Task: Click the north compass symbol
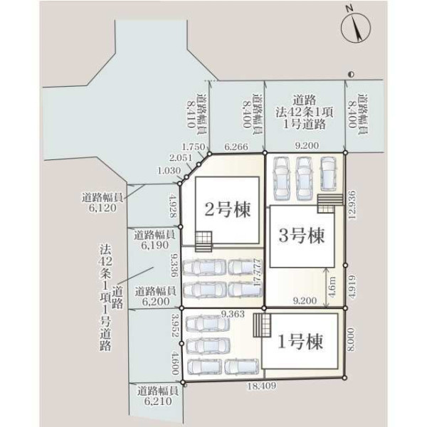[x=356, y=26]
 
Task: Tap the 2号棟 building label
[x=227, y=210]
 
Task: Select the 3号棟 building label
[x=302, y=236]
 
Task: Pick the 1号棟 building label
[x=300, y=342]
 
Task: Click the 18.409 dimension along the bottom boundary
[x=261, y=386]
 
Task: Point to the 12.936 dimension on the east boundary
[x=352, y=205]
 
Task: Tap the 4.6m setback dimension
[x=332, y=288]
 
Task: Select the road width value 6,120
[x=102, y=208]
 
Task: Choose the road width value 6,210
[x=158, y=401]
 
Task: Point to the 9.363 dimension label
[x=233, y=314]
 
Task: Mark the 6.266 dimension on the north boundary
[x=236, y=147]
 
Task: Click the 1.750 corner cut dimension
[x=194, y=147]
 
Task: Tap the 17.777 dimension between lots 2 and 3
[x=257, y=273]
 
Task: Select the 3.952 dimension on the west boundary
[x=176, y=325]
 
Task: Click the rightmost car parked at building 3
[x=328, y=174]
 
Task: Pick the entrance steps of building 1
[x=262, y=325]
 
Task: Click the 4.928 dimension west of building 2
[x=173, y=205]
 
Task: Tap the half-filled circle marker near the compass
[x=351, y=74]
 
